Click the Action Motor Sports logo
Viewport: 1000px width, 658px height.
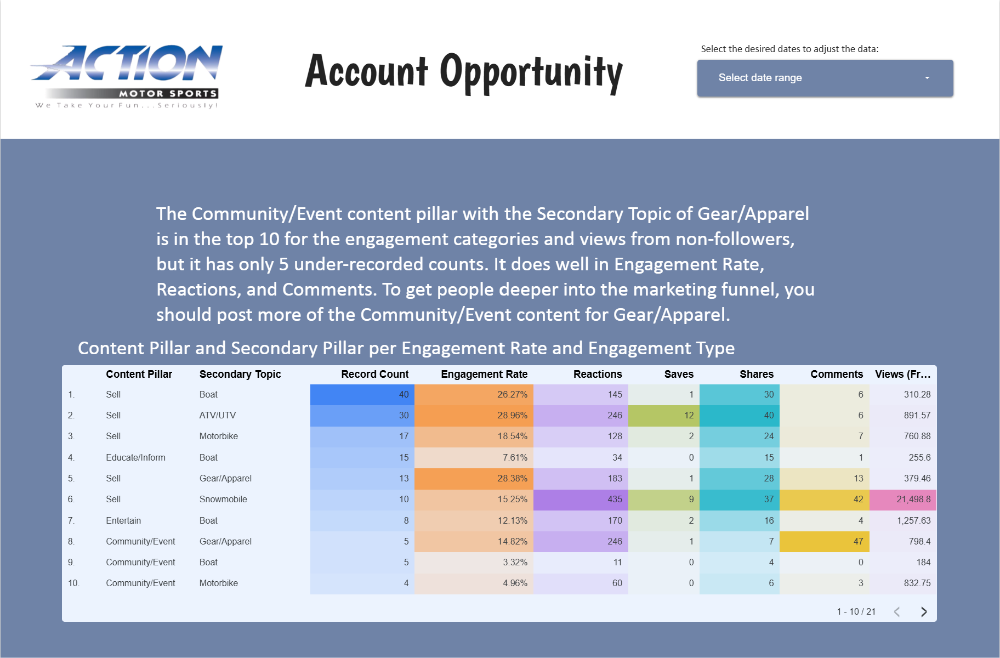pos(127,77)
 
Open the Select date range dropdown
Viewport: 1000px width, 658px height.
pos(825,78)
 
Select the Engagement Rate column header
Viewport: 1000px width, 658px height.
pos(484,374)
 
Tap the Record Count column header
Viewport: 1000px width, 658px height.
pos(375,374)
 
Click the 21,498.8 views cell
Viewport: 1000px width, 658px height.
pos(903,500)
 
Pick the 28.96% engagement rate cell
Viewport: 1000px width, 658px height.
pos(474,416)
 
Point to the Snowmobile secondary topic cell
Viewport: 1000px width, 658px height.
pos(223,500)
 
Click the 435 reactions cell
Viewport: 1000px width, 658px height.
pos(581,500)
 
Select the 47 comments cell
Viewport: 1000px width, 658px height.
pos(824,542)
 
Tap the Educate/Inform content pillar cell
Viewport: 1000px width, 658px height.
pos(135,458)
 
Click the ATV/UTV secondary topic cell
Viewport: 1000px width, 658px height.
pos(218,416)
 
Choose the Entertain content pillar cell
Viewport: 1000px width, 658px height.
pos(123,521)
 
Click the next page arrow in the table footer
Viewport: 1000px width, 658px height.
pos(924,612)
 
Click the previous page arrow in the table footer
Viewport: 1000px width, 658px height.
pos(897,612)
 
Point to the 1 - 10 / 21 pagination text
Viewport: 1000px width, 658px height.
pos(856,612)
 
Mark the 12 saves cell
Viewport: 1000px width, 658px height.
pos(664,416)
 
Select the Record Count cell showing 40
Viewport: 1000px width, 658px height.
pos(362,395)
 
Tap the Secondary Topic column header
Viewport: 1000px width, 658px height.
pos(240,374)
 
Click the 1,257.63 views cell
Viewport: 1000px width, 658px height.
pos(903,521)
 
